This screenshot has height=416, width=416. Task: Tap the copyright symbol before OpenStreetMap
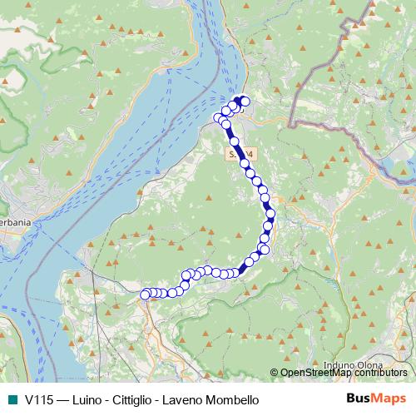[275, 373]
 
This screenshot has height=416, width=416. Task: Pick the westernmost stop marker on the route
[145, 294]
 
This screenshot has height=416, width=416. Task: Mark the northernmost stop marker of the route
[245, 102]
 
